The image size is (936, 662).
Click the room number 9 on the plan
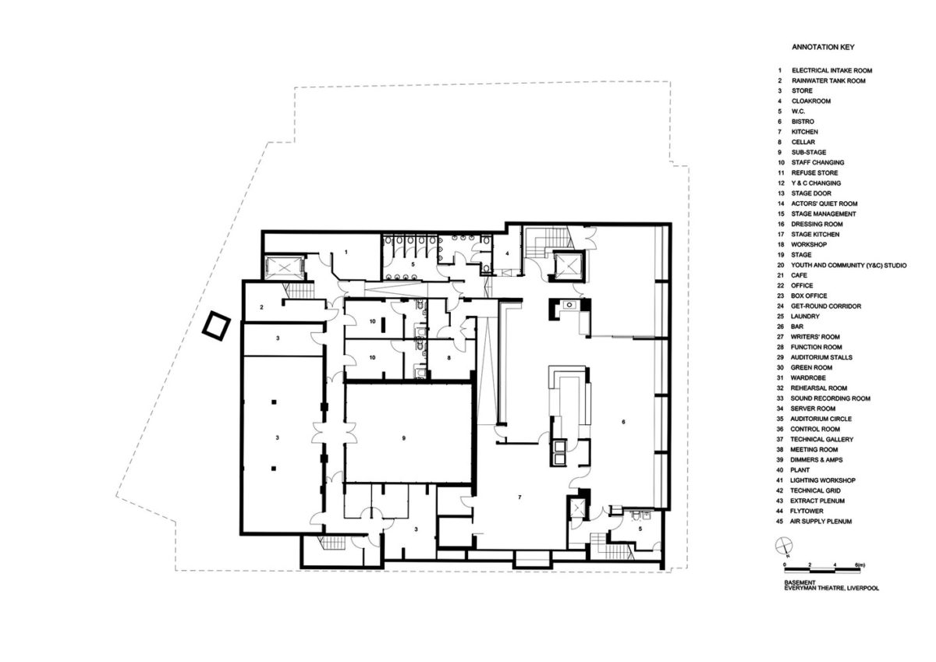point(404,438)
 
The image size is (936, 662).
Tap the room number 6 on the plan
point(623,422)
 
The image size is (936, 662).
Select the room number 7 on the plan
point(519,497)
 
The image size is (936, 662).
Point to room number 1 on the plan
point(346,252)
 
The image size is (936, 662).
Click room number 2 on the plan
point(261,307)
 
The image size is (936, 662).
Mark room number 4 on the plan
point(507,253)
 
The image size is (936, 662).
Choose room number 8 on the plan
point(448,358)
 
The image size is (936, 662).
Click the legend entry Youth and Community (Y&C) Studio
point(849,265)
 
